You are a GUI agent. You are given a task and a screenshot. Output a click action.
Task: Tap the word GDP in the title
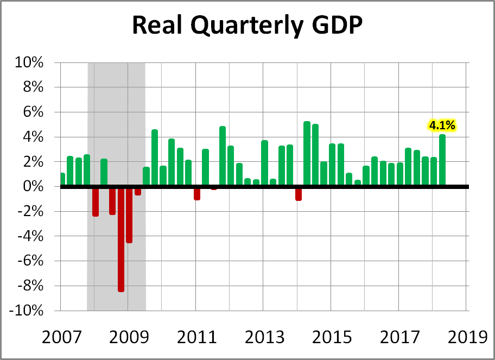coord(335,26)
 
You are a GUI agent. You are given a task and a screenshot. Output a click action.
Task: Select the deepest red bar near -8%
coord(120,239)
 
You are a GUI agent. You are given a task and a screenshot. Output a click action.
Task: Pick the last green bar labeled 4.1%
coord(442,160)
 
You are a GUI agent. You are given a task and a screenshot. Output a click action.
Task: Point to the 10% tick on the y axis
coord(30,62)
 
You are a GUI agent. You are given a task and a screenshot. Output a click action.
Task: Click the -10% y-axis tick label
coord(27,311)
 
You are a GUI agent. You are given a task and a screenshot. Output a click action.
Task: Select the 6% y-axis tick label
coord(33,112)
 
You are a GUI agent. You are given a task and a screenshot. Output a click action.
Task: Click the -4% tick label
coord(30,236)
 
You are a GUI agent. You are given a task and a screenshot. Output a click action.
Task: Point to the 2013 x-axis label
coord(263,337)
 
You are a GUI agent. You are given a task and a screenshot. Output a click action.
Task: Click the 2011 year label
coord(195,337)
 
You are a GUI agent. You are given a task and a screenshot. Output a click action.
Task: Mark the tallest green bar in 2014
coord(307,154)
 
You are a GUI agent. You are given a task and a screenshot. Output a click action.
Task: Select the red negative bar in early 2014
coord(298,193)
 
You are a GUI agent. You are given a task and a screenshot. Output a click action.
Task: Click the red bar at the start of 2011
coord(197,193)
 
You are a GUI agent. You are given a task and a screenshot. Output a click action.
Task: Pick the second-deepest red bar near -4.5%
coord(129,214)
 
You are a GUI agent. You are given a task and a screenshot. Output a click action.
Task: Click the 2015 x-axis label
coord(331,337)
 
